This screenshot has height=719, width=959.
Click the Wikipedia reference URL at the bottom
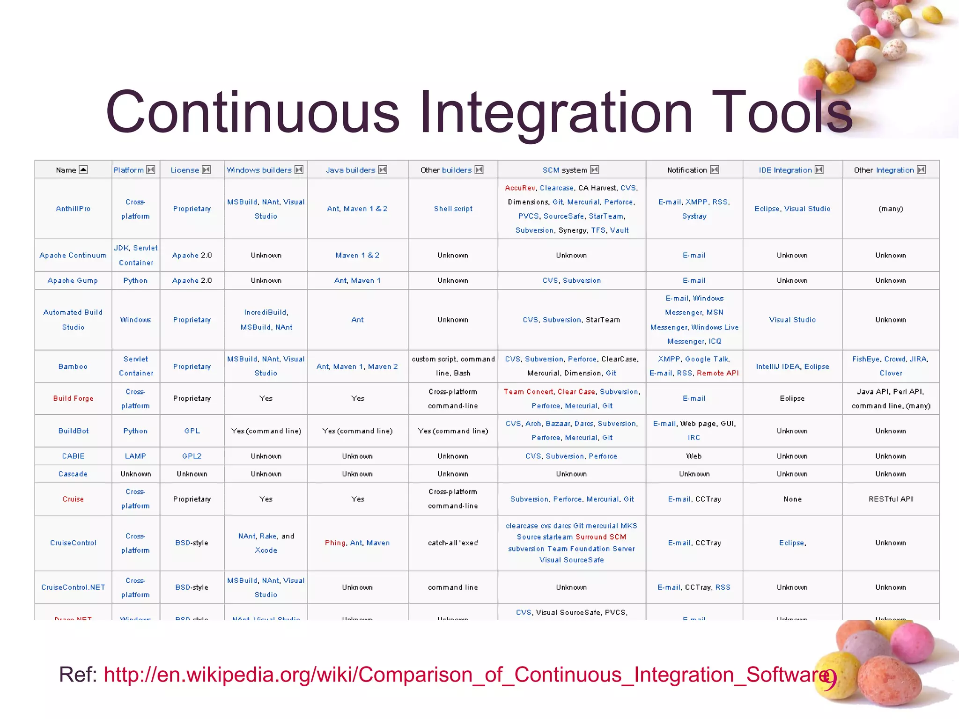(x=468, y=675)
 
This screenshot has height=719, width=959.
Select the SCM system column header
(x=564, y=170)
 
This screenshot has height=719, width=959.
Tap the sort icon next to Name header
(x=83, y=169)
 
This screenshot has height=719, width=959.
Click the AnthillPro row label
(x=73, y=209)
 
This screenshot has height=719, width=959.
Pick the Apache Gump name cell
(x=73, y=280)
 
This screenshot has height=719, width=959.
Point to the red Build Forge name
(x=73, y=398)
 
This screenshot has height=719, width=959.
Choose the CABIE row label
(x=73, y=456)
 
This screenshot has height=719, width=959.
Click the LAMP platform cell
(x=135, y=456)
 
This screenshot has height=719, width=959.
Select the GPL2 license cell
(x=192, y=456)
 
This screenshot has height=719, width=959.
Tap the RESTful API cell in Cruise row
(x=891, y=499)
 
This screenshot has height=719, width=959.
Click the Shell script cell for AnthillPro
(x=453, y=209)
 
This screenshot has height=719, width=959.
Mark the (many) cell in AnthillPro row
(x=891, y=209)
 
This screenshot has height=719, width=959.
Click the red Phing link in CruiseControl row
(x=335, y=543)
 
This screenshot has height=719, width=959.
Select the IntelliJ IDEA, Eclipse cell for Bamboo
(x=792, y=367)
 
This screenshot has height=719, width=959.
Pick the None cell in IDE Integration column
(x=792, y=499)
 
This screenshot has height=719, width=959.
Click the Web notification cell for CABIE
(x=694, y=456)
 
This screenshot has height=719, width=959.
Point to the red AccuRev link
(x=520, y=188)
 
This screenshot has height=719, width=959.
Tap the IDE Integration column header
(x=785, y=170)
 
